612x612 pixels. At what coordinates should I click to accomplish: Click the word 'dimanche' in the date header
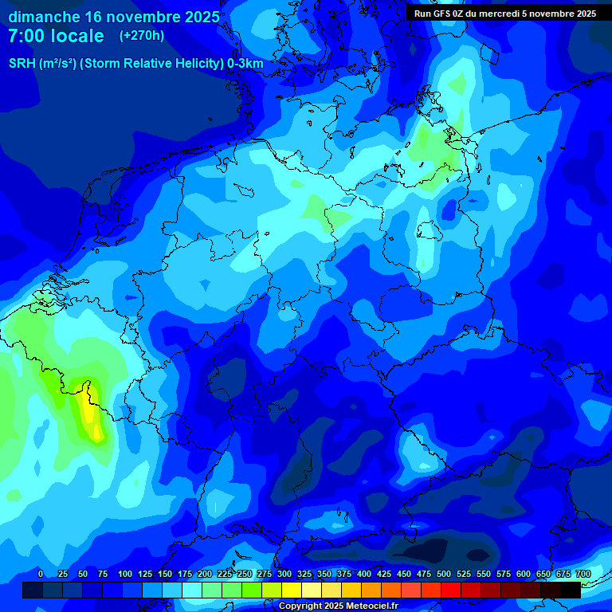pyautogui.click(x=45, y=17)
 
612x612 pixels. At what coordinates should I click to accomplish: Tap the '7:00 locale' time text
pyautogui.click(x=56, y=36)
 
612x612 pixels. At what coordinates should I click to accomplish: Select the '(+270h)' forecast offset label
pyautogui.click(x=142, y=36)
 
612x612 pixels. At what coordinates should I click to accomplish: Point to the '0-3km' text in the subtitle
pyautogui.click(x=245, y=64)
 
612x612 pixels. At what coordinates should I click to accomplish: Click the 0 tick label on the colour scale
pyautogui.click(x=41, y=575)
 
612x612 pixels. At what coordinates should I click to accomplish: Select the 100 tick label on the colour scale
pyautogui.click(x=125, y=575)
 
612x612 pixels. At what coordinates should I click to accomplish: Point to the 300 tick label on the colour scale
pyautogui.click(x=284, y=575)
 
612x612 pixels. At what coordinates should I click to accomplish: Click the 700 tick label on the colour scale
pyautogui.click(x=583, y=575)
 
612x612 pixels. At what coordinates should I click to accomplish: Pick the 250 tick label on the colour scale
pyautogui.click(x=245, y=575)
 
